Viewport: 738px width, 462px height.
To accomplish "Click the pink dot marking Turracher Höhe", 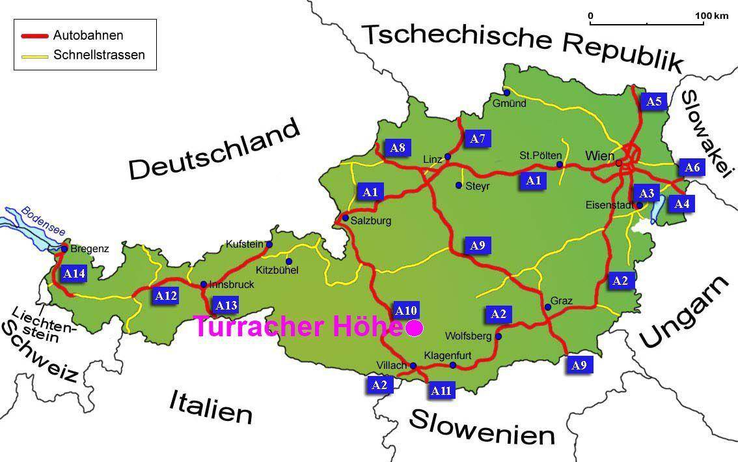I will pyautogui.click(x=413, y=328).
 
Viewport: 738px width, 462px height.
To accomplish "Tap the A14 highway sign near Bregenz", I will pyautogui.click(x=74, y=274).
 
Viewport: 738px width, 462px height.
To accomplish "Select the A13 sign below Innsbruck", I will pyautogui.click(x=226, y=305).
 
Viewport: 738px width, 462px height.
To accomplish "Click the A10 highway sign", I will pyautogui.click(x=406, y=310).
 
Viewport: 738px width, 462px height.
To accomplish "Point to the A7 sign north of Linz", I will pyautogui.click(x=478, y=138).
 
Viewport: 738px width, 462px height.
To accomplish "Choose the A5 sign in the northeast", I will pyautogui.click(x=653, y=101).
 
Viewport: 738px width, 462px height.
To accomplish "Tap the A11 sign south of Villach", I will pyautogui.click(x=441, y=390).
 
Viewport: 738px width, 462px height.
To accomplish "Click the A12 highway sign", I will pyautogui.click(x=165, y=295).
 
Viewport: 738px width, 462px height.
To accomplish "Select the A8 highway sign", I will pyautogui.click(x=397, y=148).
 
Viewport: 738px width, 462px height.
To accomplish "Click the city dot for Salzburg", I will pyautogui.click(x=345, y=218).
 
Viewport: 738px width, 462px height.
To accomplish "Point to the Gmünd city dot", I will pyautogui.click(x=506, y=93).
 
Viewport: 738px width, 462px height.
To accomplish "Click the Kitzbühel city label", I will pyautogui.click(x=277, y=270).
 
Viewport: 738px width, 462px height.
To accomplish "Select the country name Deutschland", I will pyautogui.click(x=215, y=149).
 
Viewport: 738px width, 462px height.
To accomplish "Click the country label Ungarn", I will pyautogui.click(x=684, y=312).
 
